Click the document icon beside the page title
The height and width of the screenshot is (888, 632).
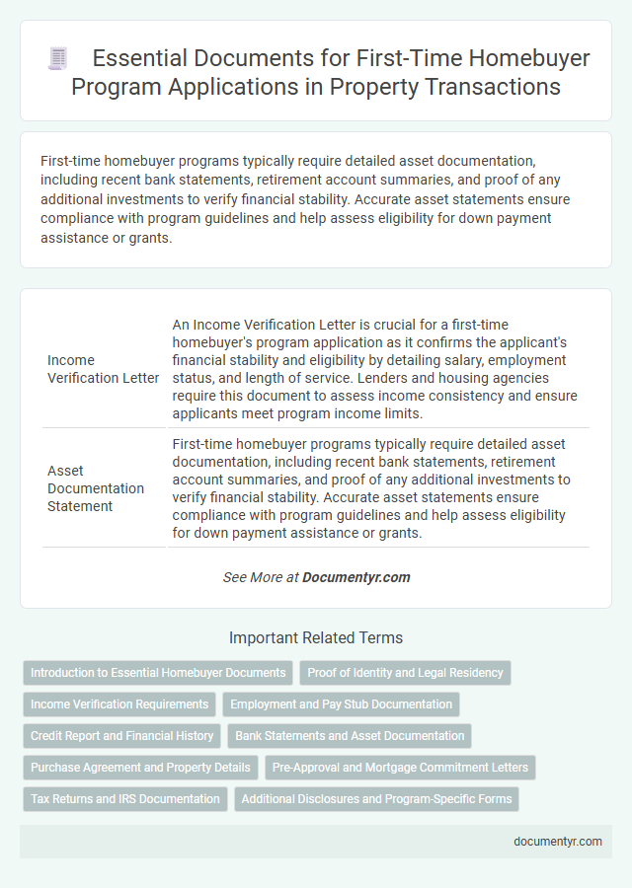pyautogui.click(x=58, y=59)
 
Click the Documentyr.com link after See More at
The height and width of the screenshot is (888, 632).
pyautogui.click(x=356, y=577)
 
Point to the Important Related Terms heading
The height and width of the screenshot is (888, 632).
pyautogui.click(x=316, y=637)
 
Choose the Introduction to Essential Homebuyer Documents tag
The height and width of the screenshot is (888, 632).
pyautogui.click(x=158, y=673)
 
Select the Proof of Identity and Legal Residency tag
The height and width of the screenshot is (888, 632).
pyautogui.click(x=405, y=673)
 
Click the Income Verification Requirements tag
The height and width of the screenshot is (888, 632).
pyautogui.click(x=119, y=704)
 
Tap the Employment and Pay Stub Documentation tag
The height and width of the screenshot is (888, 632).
pyautogui.click(x=341, y=704)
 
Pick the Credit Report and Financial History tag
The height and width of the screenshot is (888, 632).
pyautogui.click(x=122, y=736)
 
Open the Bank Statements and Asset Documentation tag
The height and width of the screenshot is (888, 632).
pyautogui.click(x=350, y=736)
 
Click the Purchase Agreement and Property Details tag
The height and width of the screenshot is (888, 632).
pyautogui.click(x=140, y=768)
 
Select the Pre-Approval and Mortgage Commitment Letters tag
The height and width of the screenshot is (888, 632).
pyautogui.click(x=400, y=768)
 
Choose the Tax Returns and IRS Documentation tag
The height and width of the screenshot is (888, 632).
pyautogui.click(x=125, y=799)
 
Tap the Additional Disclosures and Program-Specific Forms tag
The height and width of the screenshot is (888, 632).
pyautogui.click(x=376, y=799)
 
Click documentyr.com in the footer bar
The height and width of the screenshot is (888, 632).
pyautogui.click(x=558, y=842)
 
